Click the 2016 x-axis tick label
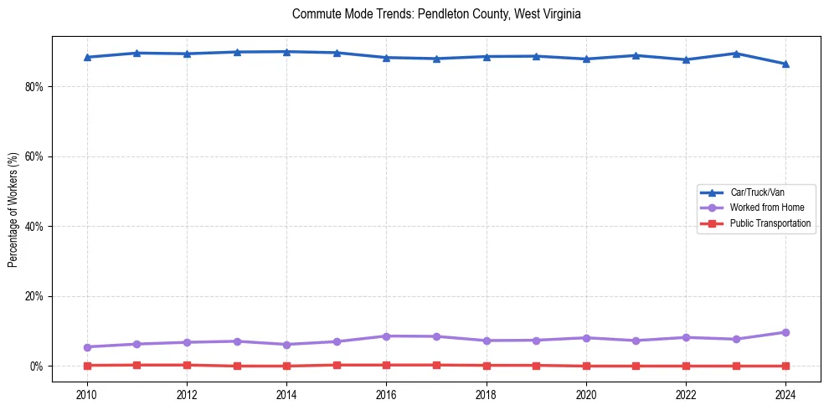tap(387, 393)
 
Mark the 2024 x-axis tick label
tap(785, 393)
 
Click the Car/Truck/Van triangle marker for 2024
tap(785, 64)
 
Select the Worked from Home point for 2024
tap(785, 332)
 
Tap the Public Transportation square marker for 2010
tap(87, 365)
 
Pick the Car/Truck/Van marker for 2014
tap(286, 52)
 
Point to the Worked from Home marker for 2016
tap(387, 336)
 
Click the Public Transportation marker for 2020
tap(586, 366)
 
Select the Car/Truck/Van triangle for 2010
tap(87, 57)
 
